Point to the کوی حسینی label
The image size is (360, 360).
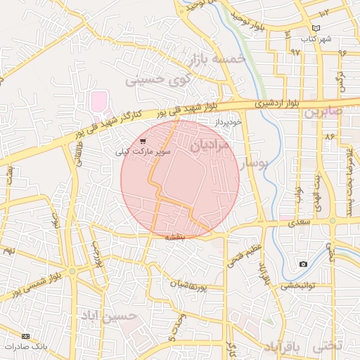tap(158, 79)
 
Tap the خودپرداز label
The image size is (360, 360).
tap(229, 122)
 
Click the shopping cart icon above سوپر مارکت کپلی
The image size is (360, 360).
tap(143, 141)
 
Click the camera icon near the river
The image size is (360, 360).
tap(303, 264)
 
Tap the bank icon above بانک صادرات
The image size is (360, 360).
tap(26, 336)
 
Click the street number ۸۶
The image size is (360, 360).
tap(328, 134)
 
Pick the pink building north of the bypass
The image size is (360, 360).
tap(99, 103)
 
